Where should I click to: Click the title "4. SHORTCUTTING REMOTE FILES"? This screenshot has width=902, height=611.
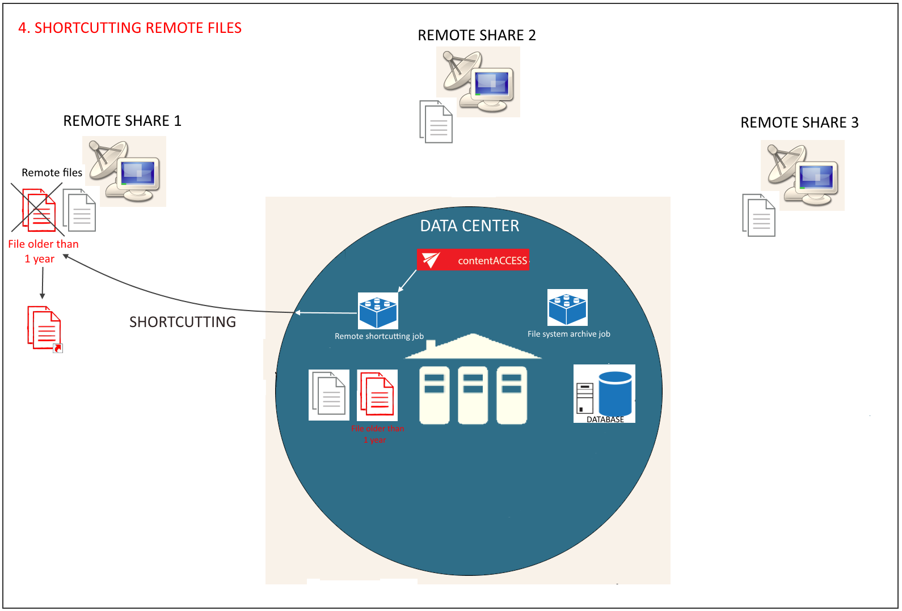pos(130,28)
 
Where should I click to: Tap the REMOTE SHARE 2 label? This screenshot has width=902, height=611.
pos(477,35)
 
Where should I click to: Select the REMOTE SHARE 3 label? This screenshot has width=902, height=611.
pos(799,122)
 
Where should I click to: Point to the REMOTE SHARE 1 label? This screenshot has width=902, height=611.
pos(122,121)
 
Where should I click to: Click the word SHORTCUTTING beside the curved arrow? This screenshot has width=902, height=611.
pos(182,322)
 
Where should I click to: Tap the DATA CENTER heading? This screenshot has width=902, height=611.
pos(469,226)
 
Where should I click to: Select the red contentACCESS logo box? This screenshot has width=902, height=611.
pos(473,260)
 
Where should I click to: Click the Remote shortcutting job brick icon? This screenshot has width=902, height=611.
pos(378,311)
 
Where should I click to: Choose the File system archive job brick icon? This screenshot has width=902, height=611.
pos(567,307)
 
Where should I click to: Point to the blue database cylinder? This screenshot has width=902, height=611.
pos(615,394)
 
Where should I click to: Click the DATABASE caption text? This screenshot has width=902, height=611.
pos(605,419)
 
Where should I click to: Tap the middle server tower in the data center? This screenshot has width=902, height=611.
pos(473,395)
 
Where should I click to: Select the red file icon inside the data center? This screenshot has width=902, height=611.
pos(378,394)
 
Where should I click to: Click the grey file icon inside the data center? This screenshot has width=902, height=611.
pos(329,394)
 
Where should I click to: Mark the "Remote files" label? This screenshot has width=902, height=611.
pos(52,172)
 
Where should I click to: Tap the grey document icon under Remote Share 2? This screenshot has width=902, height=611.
pos(436,122)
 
